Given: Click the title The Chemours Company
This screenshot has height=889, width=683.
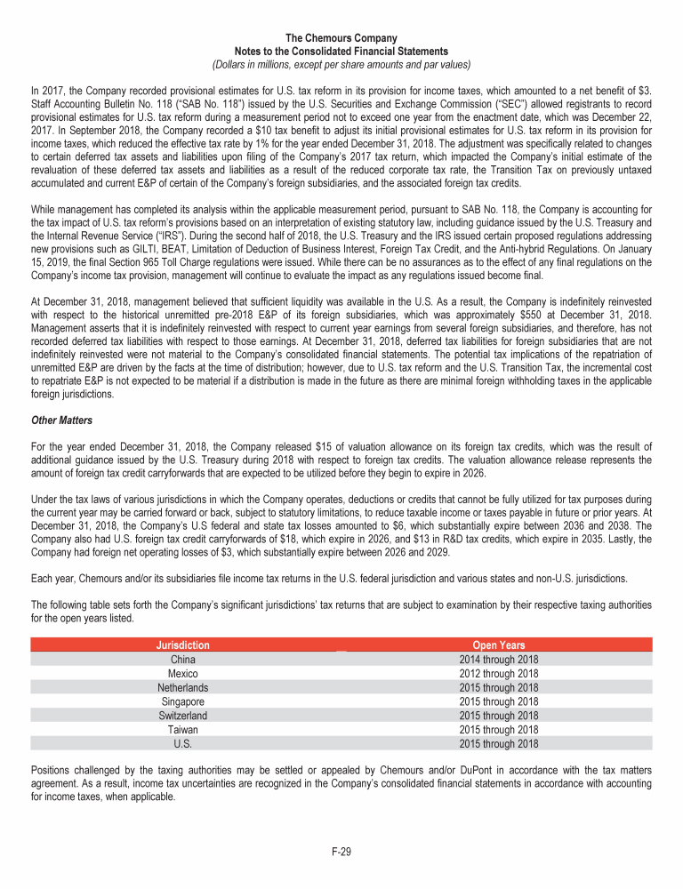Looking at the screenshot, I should (x=341, y=39).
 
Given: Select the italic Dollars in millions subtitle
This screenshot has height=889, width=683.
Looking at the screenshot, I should (x=341, y=64).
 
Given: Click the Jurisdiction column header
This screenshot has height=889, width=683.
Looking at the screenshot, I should (x=183, y=645).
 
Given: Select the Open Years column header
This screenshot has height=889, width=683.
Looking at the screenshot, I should (x=498, y=645).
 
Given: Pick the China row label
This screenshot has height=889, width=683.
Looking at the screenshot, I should (x=183, y=660).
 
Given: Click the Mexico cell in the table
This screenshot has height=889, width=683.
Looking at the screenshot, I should (x=183, y=674).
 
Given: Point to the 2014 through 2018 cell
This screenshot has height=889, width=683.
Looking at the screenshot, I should (x=498, y=660).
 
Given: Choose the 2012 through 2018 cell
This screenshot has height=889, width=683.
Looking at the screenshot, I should (x=498, y=674).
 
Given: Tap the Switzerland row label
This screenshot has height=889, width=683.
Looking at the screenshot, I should (x=183, y=716).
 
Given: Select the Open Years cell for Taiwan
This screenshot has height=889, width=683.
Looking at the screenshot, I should (x=498, y=730).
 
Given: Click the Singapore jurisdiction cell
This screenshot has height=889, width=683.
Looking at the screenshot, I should (x=183, y=701).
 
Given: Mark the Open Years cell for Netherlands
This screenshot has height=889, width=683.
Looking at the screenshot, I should (x=498, y=688).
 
